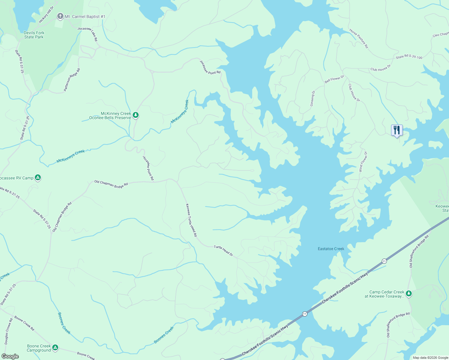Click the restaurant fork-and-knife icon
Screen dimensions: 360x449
397,130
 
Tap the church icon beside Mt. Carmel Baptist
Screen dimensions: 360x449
60,16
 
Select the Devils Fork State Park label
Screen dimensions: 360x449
34,35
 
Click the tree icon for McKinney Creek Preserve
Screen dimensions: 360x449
136,115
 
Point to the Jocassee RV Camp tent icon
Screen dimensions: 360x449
38,178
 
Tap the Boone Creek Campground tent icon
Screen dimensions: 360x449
55,348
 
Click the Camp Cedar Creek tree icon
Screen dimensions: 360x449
408,294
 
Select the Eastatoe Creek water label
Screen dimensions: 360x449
331,249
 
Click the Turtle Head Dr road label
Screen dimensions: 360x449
223,251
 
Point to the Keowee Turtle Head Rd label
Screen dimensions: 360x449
191,220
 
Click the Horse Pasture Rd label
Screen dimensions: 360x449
359,38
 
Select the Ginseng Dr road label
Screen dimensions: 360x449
312,98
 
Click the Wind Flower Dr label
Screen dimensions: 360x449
363,162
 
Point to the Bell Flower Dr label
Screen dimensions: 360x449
334,79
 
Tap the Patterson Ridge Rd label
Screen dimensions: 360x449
72,80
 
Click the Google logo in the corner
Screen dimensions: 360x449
10,356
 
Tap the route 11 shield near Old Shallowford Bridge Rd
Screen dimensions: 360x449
384,261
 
